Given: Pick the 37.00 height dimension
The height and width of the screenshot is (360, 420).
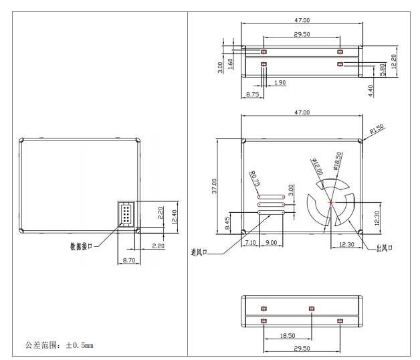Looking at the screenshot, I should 214,185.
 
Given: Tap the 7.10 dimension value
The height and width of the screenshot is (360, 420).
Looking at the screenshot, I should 251,242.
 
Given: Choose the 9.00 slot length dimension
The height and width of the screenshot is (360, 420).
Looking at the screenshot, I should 272,242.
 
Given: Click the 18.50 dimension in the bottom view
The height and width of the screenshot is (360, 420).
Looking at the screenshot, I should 287,335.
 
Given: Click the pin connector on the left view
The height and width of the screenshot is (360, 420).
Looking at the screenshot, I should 126,214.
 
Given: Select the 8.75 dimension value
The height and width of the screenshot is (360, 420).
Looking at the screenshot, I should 253,95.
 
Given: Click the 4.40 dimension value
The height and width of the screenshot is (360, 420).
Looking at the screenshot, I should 371,90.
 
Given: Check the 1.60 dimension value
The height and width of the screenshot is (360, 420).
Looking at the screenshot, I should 231,65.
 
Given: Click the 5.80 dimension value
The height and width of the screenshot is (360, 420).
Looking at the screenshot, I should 382,69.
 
